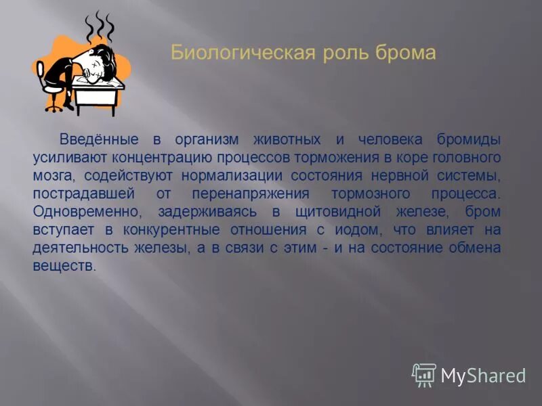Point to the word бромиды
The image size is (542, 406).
click(467, 140)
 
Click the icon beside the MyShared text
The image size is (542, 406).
click(424, 374)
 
